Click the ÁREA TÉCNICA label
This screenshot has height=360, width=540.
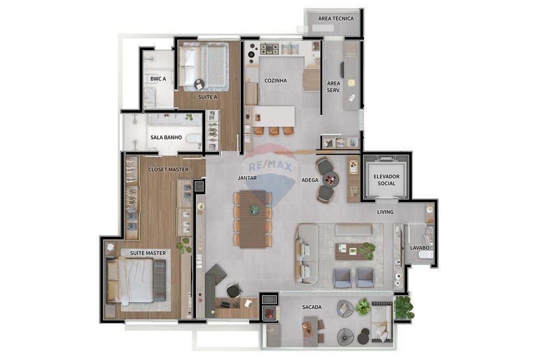pyautogui.click(x=336, y=18)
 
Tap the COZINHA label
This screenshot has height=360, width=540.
pyautogui.click(x=275, y=80)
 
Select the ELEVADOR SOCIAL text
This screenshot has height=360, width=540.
pyautogui.click(x=387, y=180)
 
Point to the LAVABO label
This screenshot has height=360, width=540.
pyautogui.click(x=420, y=248)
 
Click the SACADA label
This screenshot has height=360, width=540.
pyautogui.click(x=312, y=307)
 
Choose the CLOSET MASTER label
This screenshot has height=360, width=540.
pyautogui.click(x=168, y=169)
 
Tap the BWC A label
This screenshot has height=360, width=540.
pyautogui.click(x=158, y=79)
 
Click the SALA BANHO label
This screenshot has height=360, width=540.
pyautogui.click(x=166, y=137)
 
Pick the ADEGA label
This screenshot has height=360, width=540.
pyautogui.click(x=309, y=180)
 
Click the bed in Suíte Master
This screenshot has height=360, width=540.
pyautogui.click(x=135, y=281)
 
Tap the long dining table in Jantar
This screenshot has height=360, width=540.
pyautogui.click(x=253, y=219)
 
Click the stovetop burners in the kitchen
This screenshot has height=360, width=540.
pyautogui.click(x=269, y=49)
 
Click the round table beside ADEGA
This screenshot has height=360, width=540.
pyautogui.click(x=330, y=179)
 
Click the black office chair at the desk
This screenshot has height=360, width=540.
pyautogui.click(x=233, y=291)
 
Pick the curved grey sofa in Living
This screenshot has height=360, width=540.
pyautogui.click(x=306, y=254)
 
